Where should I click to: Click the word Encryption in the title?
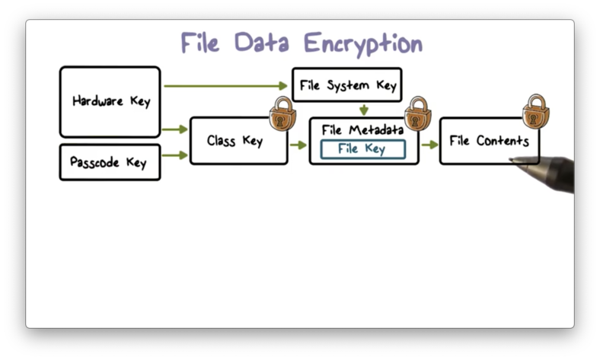[362, 43]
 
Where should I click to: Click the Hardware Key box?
[110, 101]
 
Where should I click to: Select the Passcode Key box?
[110, 162]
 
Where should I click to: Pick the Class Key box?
[235, 141]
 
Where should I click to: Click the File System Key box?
[347, 85]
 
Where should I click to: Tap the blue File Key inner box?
[362, 149]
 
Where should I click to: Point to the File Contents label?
[489, 141]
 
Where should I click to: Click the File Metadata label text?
[362, 129]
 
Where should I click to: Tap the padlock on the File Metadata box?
[417, 114]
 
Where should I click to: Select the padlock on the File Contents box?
[536, 112]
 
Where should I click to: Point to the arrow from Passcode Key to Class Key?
[175, 155]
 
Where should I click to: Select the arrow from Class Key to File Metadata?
[298, 145]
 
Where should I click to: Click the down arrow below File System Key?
[364, 110]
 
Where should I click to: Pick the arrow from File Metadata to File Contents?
[429, 145]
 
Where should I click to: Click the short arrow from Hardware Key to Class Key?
[175, 129]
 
